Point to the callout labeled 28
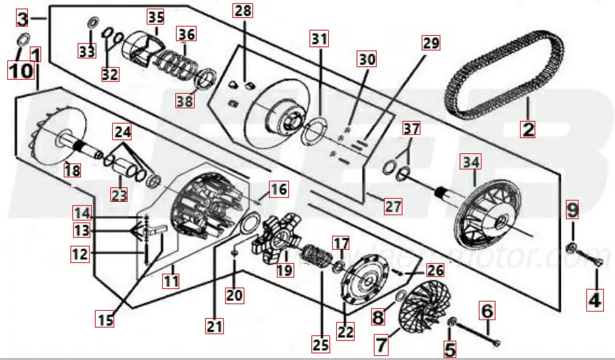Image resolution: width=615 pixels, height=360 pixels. pyautogui.click(x=243, y=11)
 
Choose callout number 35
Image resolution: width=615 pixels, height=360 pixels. pyautogui.click(x=155, y=15)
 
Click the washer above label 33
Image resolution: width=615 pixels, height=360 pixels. pyautogui.click(x=91, y=25)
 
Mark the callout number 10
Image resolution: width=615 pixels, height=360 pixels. pyautogui.click(x=20, y=70)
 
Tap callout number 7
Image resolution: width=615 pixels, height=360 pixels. pyautogui.click(x=381, y=345)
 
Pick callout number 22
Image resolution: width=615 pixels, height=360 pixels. pyautogui.click(x=345, y=330)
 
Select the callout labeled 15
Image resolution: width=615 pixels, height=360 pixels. pyautogui.click(x=106, y=319)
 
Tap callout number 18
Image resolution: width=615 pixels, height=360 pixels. pyautogui.click(x=72, y=171)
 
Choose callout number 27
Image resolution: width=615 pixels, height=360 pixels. pyautogui.click(x=393, y=206)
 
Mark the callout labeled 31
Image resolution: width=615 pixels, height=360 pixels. pyautogui.click(x=319, y=39)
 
